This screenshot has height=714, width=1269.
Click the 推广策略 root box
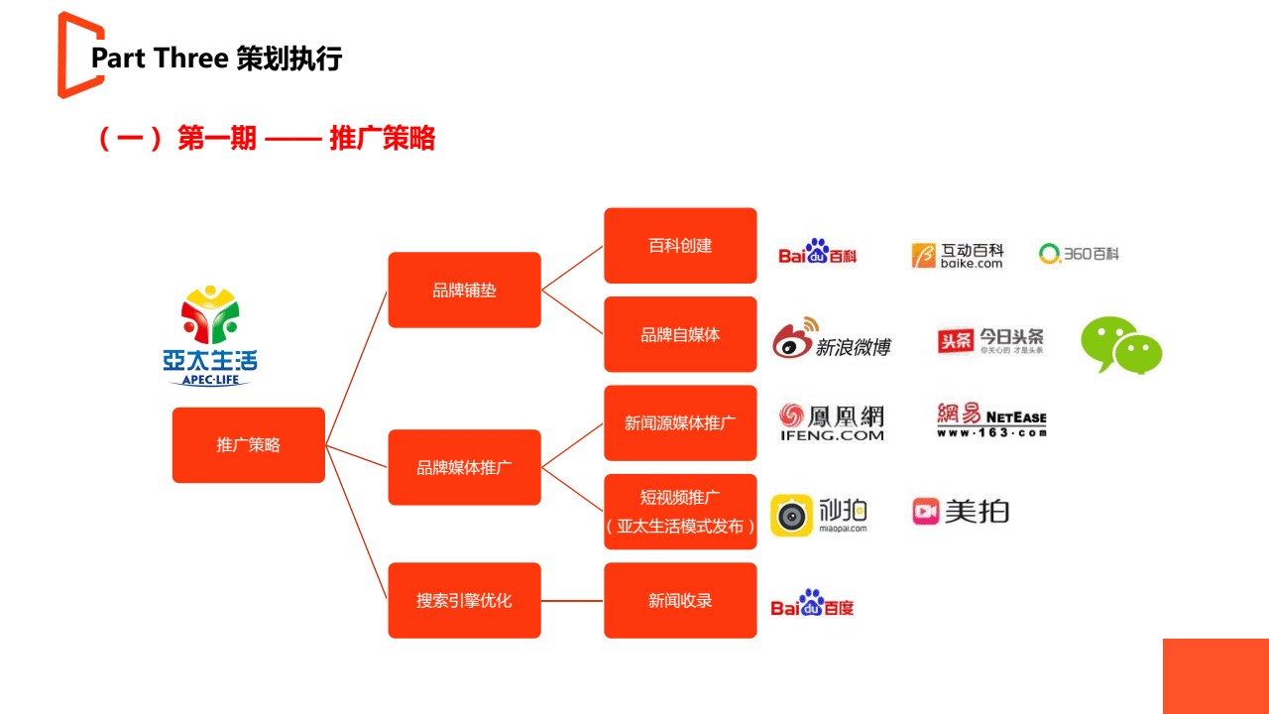click(248, 445)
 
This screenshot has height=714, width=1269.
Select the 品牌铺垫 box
click(464, 290)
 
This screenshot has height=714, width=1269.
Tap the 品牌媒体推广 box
click(464, 467)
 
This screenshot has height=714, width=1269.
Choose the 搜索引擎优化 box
click(464, 600)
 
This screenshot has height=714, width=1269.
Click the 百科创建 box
click(680, 245)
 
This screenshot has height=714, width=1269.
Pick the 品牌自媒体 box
click(680, 334)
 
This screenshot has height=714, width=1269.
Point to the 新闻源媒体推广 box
click(680, 422)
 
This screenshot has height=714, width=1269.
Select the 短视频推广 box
click(680, 512)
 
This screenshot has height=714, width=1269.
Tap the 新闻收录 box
click(680, 600)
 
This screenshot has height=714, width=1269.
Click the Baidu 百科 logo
click(818, 253)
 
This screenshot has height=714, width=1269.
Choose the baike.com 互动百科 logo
click(958, 255)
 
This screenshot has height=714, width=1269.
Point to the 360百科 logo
click(1079, 254)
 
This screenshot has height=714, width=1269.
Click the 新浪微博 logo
click(831, 340)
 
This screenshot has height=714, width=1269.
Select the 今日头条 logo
click(990, 341)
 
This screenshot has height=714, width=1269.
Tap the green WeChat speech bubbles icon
click(1121, 345)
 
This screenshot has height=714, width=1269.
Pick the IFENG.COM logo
click(831, 421)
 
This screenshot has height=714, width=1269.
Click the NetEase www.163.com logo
click(991, 419)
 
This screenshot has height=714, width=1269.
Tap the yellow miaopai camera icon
click(791, 515)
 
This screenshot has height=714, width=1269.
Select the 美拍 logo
click(961, 511)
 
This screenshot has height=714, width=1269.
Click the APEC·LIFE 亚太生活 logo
click(210, 335)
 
